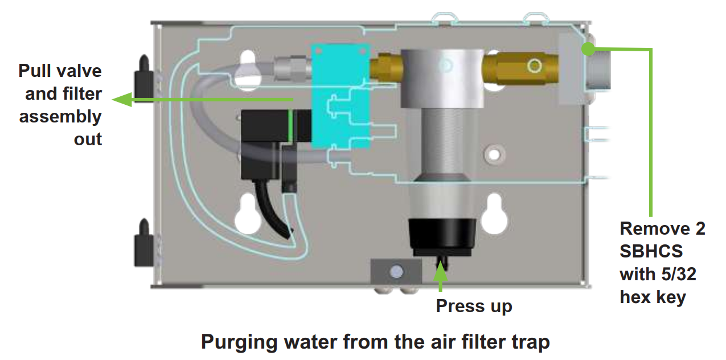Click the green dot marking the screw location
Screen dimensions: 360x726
click(x=587, y=49)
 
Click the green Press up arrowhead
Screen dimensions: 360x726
click(x=440, y=272)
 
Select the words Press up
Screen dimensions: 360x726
click(x=474, y=306)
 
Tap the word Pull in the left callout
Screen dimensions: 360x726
click(x=35, y=71)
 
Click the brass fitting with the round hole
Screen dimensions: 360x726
click(x=521, y=66)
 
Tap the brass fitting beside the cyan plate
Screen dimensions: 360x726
click(x=385, y=67)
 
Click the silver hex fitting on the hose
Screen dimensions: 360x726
click(x=290, y=68)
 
